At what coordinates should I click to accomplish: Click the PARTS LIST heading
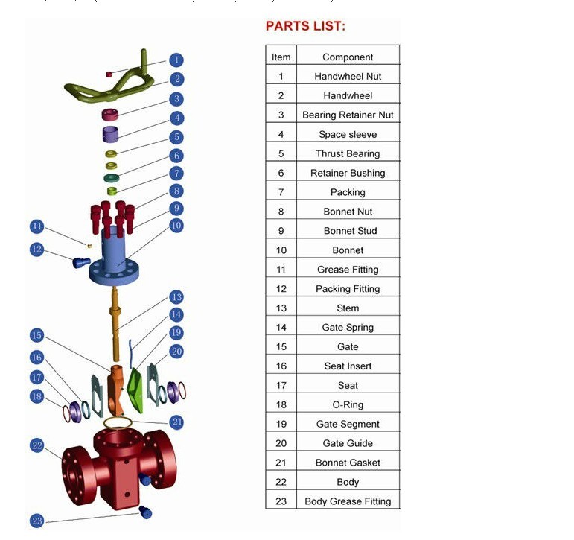point(305,27)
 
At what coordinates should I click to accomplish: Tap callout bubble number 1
point(176,60)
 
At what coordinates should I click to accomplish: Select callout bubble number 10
point(176,225)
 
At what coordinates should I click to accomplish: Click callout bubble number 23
point(37,521)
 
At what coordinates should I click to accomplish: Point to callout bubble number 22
point(37,445)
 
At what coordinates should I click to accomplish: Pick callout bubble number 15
point(37,335)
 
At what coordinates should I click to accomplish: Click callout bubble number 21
point(176,422)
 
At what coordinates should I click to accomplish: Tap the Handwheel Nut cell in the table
point(348,76)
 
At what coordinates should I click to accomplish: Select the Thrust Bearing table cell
point(348,153)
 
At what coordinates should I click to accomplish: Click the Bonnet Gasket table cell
point(348,463)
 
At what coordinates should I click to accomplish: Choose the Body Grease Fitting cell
point(348,501)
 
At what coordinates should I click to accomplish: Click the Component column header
point(348,57)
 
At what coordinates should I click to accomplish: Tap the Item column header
point(281,57)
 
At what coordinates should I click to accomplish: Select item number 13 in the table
point(281,308)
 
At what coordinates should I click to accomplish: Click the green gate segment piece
point(135,387)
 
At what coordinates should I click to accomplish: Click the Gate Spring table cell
point(348,327)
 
